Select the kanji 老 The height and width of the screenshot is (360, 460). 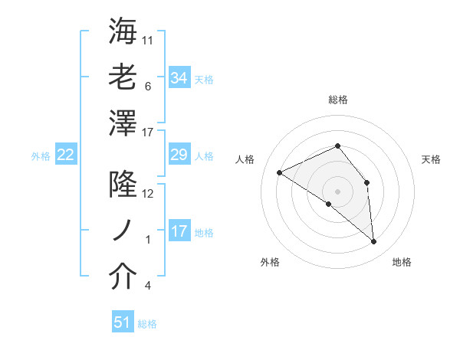(x=123, y=77)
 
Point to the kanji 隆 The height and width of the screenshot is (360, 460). (x=123, y=185)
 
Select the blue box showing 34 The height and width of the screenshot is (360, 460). (x=179, y=78)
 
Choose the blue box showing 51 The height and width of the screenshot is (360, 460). (x=123, y=322)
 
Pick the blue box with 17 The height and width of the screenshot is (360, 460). (x=179, y=231)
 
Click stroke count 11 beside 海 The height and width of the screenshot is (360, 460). (x=149, y=39)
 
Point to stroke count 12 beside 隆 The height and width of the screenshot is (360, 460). (x=148, y=194)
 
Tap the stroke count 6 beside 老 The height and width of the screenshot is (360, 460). (x=147, y=87)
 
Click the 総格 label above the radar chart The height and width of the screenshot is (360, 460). (x=338, y=100)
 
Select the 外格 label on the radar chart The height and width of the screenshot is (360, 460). (x=270, y=262)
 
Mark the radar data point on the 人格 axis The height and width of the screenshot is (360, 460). (x=280, y=172)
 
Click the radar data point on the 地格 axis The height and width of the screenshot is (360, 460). (x=373, y=242)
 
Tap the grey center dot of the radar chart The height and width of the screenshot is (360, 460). (x=337, y=190)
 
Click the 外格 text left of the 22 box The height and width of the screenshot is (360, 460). (x=41, y=156)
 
